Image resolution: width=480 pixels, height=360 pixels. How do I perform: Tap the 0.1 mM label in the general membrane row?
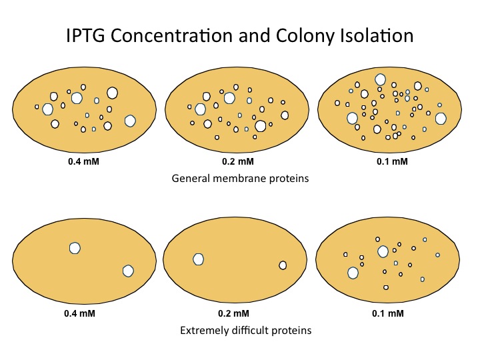pos(393,162)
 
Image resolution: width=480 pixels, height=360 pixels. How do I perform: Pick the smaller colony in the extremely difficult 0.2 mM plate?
pos(283,265)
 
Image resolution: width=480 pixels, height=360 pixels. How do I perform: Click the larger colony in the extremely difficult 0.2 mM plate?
pos(198,259)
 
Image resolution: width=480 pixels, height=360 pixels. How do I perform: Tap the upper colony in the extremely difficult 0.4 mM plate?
pos(75,248)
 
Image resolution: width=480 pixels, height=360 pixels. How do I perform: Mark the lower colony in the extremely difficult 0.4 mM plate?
pos(129,271)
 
